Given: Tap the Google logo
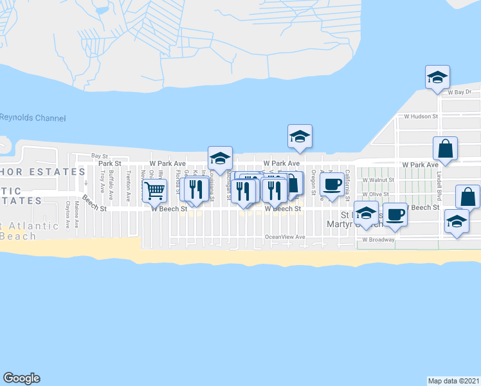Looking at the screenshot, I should click(21, 378).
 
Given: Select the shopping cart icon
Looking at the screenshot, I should click(154, 191).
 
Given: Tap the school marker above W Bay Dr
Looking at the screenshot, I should click(437, 77).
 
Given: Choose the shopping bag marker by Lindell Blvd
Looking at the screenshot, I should click(445, 149).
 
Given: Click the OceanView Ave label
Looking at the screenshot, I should click(285, 237).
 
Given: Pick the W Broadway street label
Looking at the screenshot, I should click(377, 239).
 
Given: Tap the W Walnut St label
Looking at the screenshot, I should click(377, 181).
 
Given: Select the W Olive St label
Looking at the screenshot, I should click(376, 194).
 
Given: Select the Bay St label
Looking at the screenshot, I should click(99, 156).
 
